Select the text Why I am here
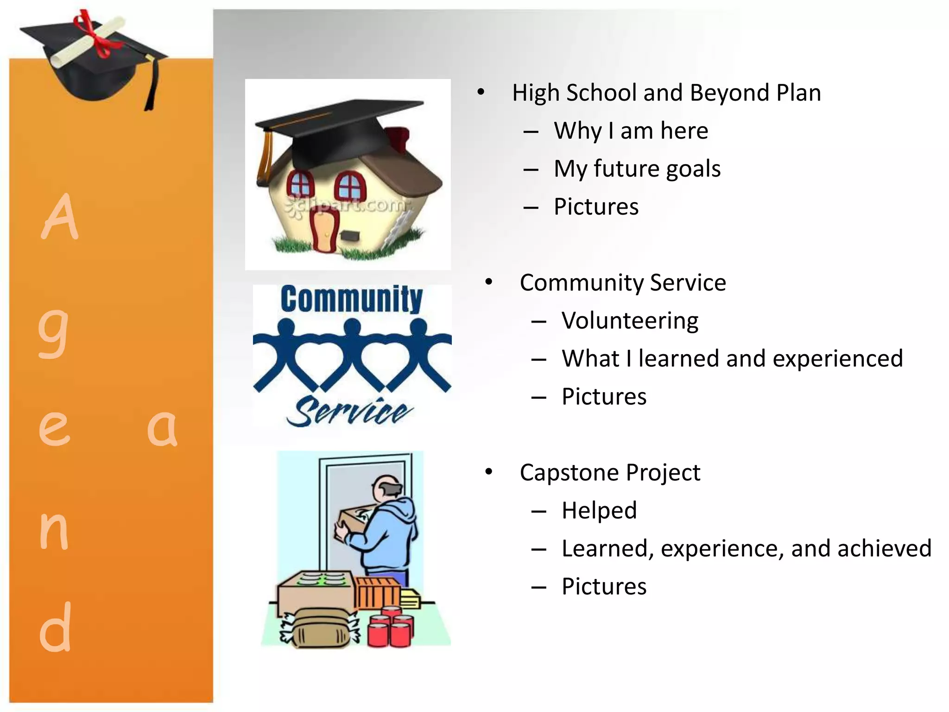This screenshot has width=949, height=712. (x=631, y=131)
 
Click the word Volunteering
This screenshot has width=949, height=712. (x=630, y=321)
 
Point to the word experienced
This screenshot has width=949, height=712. (x=838, y=359)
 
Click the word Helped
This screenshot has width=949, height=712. (x=599, y=511)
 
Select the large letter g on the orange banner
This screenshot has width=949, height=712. (x=53, y=331)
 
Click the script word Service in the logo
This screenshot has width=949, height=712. (x=349, y=411)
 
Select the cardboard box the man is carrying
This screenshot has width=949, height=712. (x=353, y=523)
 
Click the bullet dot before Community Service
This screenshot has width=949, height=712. (x=488, y=282)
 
